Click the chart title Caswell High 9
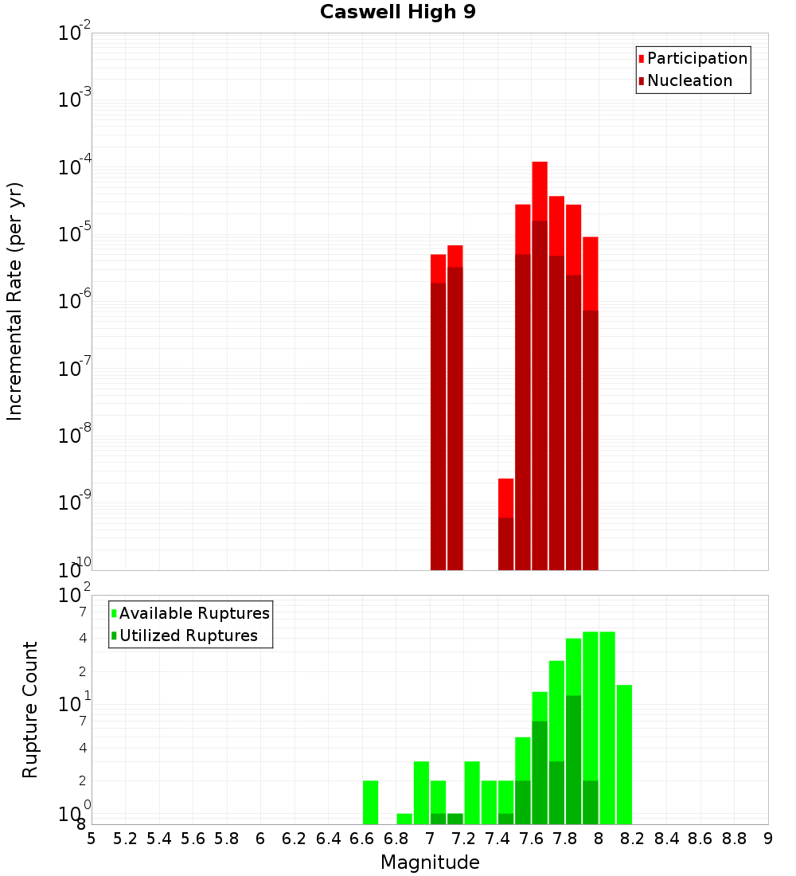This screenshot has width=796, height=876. pyautogui.click(x=397, y=13)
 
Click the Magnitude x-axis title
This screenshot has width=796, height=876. pyautogui.click(x=430, y=862)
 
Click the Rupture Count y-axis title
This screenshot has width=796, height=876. pyautogui.click(x=30, y=710)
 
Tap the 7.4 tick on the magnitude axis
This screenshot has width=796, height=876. pyautogui.click(x=497, y=839)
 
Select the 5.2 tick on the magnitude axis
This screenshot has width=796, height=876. pyautogui.click(x=125, y=839)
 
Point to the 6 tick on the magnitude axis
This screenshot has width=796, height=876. pyautogui.click(x=260, y=839)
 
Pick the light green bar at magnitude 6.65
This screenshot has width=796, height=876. pyautogui.click(x=370, y=802)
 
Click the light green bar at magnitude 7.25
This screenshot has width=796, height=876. pyautogui.click(x=472, y=792)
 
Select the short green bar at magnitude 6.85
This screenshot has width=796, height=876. pyautogui.click(x=404, y=819)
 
